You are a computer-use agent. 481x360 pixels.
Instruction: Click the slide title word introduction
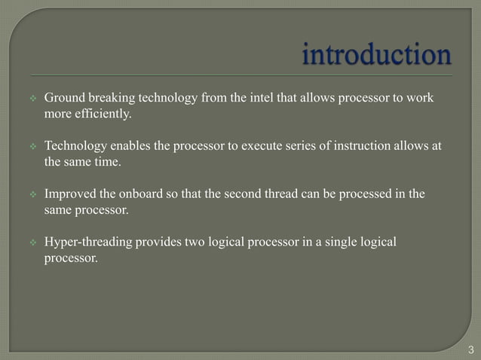click(377, 55)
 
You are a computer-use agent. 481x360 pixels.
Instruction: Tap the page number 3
click(471, 349)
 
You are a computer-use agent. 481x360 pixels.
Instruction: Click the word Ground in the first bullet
click(63, 99)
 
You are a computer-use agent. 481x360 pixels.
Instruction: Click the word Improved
click(69, 194)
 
